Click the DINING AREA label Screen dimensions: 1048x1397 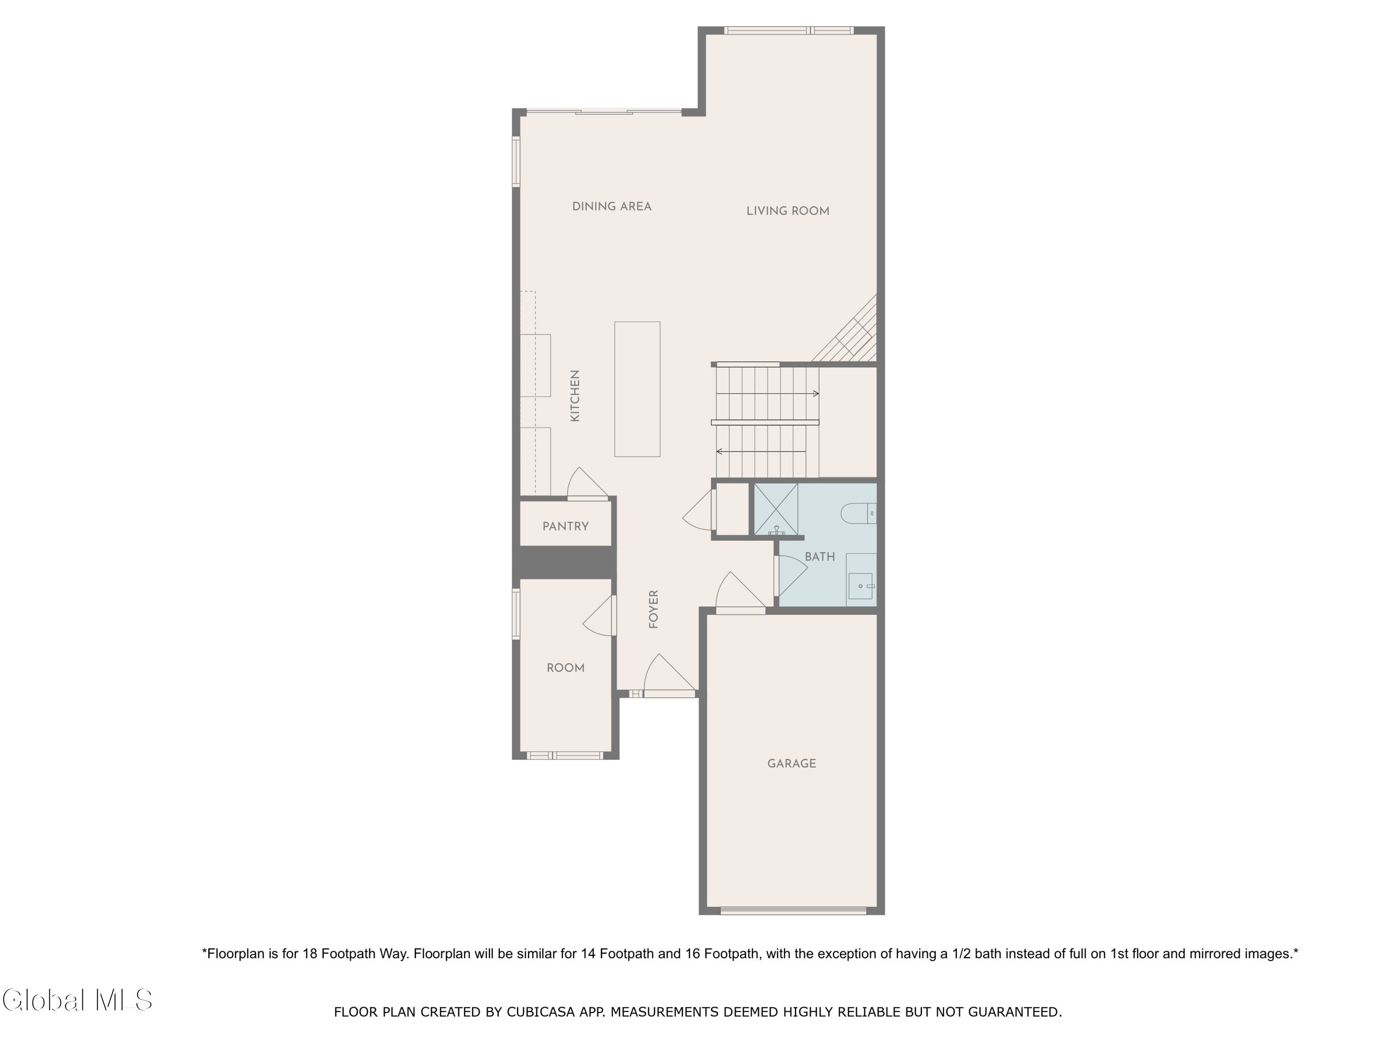(x=611, y=206)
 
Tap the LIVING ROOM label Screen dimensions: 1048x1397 (x=787, y=211)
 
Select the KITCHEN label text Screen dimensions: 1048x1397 (x=575, y=396)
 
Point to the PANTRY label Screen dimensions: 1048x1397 (x=565, y=526)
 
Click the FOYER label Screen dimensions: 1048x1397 (x=654, y=609)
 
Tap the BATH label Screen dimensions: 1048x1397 (x=820, y=557)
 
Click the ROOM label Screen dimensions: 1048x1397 (x=565, y=668)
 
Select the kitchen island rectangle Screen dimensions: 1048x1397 (x=637, y=389)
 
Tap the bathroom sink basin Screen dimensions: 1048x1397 (x=860, y=586)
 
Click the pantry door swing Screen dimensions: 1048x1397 (x=586, y=484)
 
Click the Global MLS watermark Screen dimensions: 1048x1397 (x=77, y=1000)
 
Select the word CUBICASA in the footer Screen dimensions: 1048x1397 (x=540, y=1012)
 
